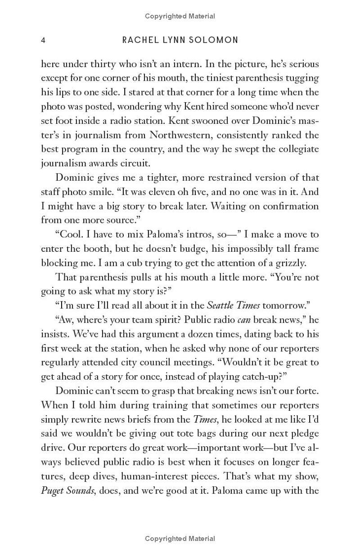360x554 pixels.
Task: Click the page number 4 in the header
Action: point(43,41)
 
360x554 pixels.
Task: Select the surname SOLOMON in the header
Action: point(218,41)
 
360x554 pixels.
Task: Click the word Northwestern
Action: point(181,135)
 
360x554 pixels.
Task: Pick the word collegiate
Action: point(298,149)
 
